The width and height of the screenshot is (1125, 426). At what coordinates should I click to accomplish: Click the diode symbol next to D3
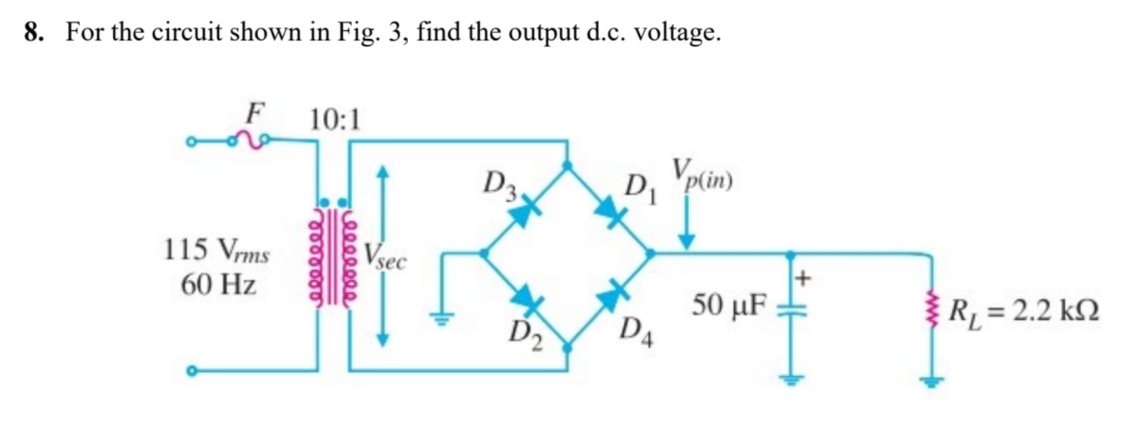point(522,213)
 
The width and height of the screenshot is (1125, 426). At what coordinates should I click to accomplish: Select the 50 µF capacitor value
point(729,303)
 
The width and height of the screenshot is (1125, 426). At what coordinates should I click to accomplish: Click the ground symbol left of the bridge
point(442,317)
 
